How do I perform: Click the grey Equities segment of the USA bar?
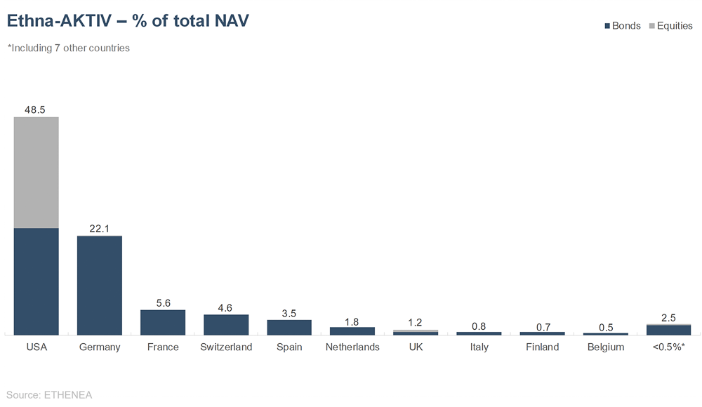(37, 172)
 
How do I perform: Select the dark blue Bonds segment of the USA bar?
(37, 281)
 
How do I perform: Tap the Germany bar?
(100, 285)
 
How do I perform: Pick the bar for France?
(163, 322)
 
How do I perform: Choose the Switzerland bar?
(226, 324)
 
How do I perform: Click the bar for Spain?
(289, 327)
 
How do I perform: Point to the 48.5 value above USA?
(36, 110)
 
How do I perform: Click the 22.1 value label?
(100, 229)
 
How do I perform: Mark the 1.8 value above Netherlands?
(352, 321)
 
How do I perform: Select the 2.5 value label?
(668, 318)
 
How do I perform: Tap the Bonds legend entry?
(622, 26)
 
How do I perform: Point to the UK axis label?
(416, 347)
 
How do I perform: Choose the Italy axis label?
(479, 347)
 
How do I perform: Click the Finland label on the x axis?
(542, 347)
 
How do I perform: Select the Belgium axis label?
(605, 347)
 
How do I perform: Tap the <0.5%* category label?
(668, 347)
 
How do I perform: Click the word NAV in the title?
(229, 21)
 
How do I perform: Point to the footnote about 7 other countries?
(68, 48)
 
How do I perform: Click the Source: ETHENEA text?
(49, 394)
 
